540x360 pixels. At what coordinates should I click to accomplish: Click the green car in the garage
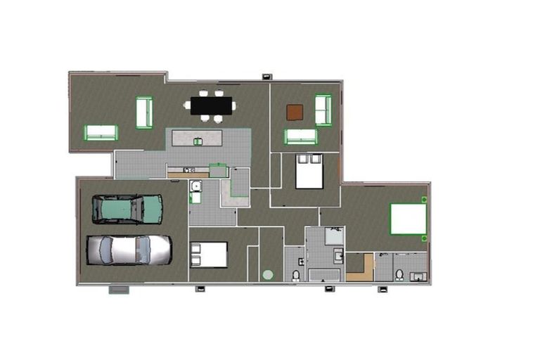pyautogui.click(x=127, y=209)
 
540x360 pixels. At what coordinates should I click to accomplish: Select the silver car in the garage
pyautogui.click(x=129, y=250)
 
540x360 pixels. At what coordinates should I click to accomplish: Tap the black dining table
pyautogui.click(x=212, y=105)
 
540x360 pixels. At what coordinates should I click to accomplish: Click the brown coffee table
pyautogui.click(x=295, y=112)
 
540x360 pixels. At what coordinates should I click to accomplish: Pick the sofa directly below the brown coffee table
pyautogui.click(x=300, y=136)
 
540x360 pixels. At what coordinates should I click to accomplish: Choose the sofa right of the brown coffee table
pyautogui.click(x=323, y=110)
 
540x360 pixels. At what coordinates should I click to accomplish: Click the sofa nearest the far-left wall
pyautogui.click(x=101, y=132)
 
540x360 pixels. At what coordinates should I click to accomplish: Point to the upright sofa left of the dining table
pyautogui.click(x=144, y=112)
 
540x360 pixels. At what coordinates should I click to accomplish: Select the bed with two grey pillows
pyautogui.click(x=309, y=171)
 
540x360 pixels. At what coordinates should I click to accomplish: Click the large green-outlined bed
pyautogui.click(x=409, y=218)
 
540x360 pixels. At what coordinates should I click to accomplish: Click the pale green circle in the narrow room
pyautogui.click(x=268, y=274)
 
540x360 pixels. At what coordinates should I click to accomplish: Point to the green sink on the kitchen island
pyautogui.click(x=198, y=142)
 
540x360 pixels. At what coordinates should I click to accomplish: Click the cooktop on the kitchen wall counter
pyautogui.click(x=188, y=170)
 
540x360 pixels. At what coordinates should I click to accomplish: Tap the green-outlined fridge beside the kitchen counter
pyautogui.click(x=218, y=170)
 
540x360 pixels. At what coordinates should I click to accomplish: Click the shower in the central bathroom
pyautogui.click(x=335, y=235)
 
